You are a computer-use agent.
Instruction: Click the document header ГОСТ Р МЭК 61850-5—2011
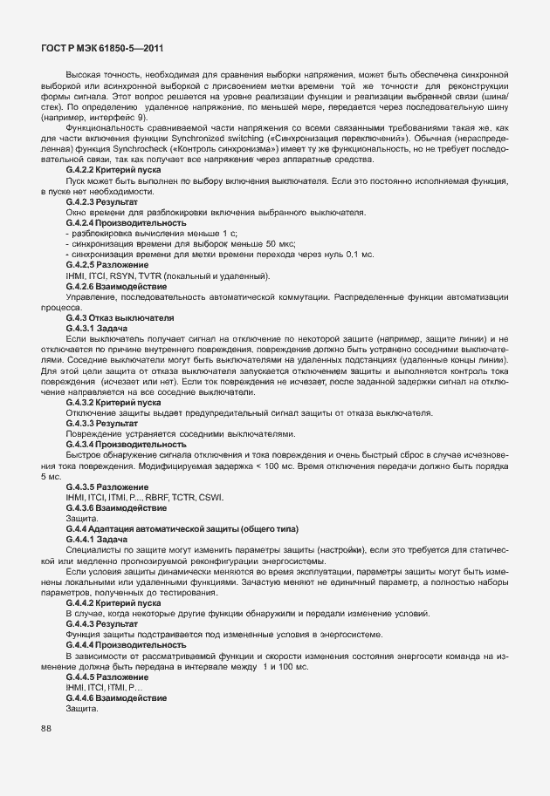click(x=102, y=50)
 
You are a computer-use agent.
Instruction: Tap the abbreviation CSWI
click(x=210, y=497)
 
